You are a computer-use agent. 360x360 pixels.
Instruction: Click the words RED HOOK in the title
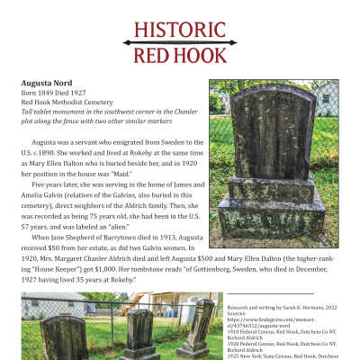tap(179, 57)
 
